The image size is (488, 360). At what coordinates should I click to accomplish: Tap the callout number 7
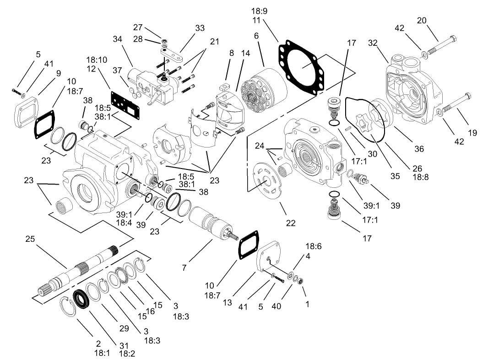184,267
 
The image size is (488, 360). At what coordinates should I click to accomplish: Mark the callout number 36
419,148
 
